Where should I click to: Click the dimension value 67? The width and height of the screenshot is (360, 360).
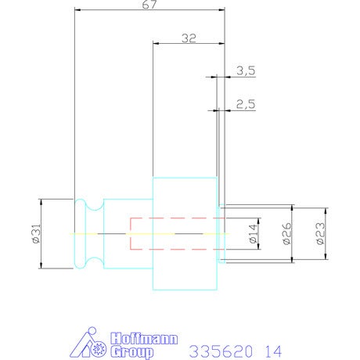149,5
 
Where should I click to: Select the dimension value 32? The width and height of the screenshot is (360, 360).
189,38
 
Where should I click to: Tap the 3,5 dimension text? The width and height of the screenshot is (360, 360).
246,70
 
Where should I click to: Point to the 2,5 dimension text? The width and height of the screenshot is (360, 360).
246,104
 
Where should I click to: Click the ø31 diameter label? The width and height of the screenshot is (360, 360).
37,234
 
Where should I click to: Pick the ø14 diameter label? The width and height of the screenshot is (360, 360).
254,233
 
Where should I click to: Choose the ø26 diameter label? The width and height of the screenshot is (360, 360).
287,233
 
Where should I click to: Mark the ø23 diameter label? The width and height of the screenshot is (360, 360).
321,233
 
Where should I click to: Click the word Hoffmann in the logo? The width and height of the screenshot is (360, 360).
144,339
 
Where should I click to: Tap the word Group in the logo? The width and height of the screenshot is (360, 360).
131,352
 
